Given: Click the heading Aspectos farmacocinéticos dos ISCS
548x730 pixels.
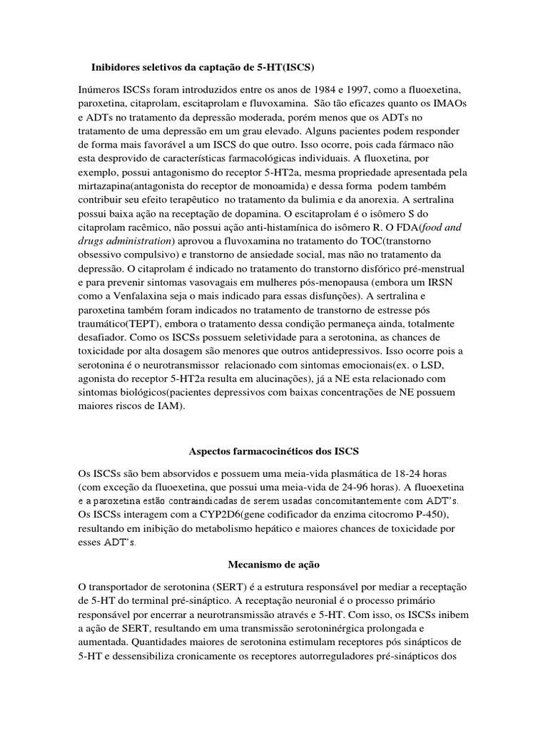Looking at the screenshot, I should click(x=273, y=452).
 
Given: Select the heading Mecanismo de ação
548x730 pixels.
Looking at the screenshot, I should click(x=273, y=564).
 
